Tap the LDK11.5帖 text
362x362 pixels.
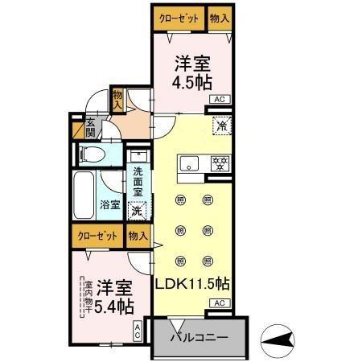[x=192, y=283]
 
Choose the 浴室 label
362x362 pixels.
[x=111, y=204]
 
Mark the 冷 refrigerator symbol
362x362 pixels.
[x=220, y=125]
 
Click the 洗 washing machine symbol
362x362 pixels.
[x=138, y=210]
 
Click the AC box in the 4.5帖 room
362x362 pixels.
[x=218, y=99]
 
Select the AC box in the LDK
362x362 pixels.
[x=218, y=302]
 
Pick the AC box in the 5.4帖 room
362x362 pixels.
[x=138, y=330]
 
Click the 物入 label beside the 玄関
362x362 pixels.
[x=117, y=100]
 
